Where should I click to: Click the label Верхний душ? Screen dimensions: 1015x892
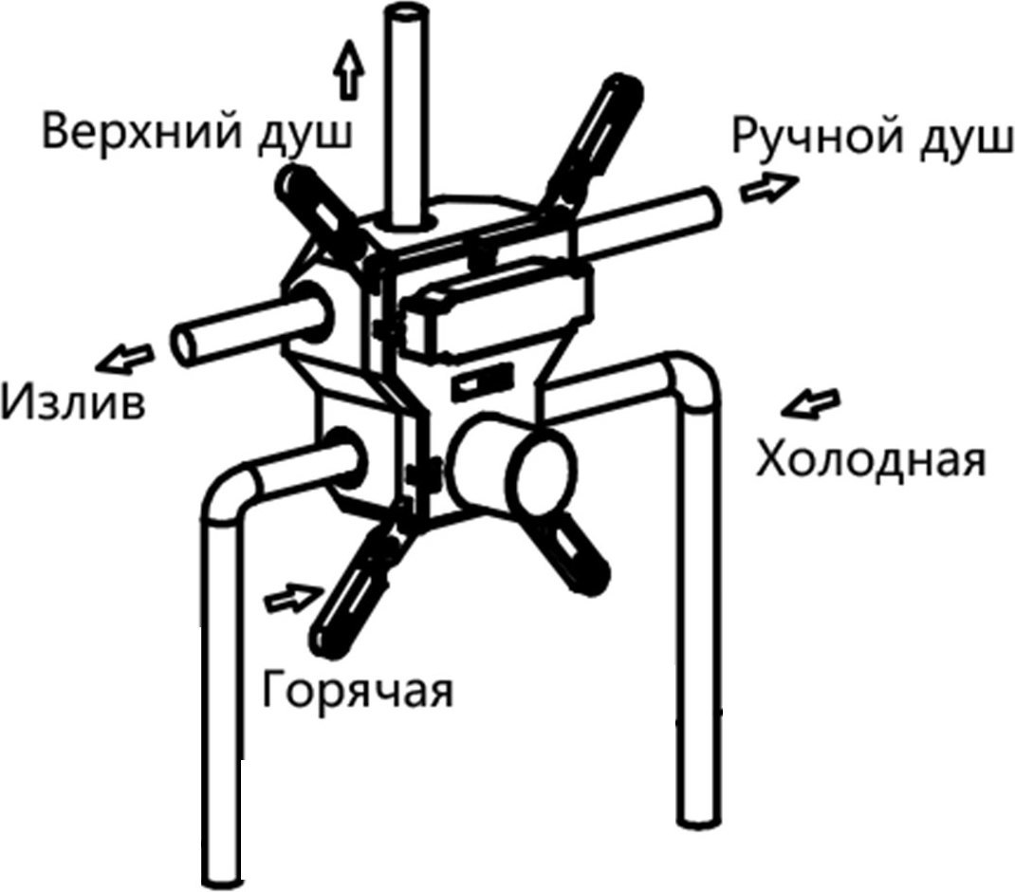pyautogui.click(x=198, y=134)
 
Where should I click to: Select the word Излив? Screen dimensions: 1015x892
pyautogui.click(x=72, y=402)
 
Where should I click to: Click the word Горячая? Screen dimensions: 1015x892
pyautogui.click(x=358, y=691)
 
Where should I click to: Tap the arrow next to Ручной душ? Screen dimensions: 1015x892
pyautogui.click(x=769, y=189)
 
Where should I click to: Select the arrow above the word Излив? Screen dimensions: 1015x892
pyautogui.click(x=125, y=358)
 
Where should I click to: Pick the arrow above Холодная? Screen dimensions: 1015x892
pyautogui.click(x=810, y=403)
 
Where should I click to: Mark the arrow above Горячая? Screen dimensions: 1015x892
pyautogui.click(x=294, y=598)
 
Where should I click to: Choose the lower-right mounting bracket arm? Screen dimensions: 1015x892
pyautogui.click(x=571, y=548)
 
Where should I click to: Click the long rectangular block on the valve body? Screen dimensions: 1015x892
pyautogui.click(x=496, y=311)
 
